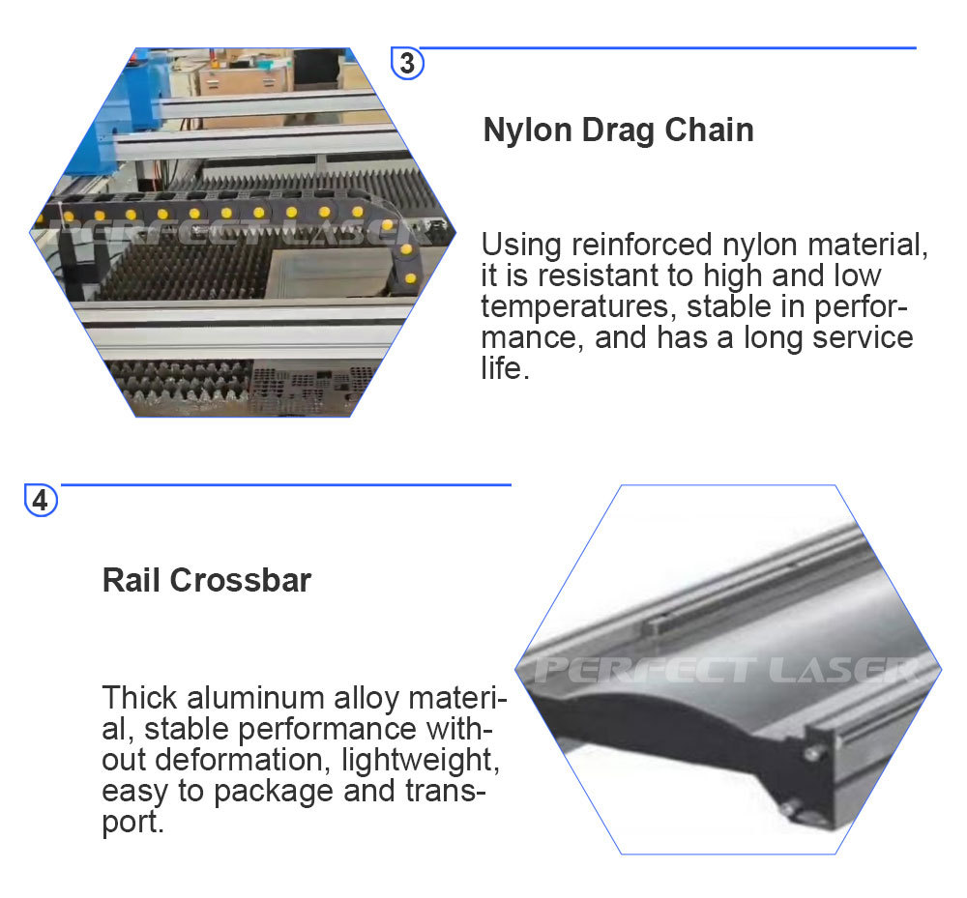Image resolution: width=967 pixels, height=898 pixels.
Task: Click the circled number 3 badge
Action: coord(407,64)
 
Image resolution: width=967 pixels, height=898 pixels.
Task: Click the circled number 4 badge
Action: coord(41,500)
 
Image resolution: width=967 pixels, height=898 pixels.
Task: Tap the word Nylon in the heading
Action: coord(527,130)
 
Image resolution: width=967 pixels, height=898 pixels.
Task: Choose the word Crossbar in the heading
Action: coord(241,580)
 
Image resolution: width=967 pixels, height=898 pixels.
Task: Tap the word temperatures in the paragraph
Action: coord(574,307)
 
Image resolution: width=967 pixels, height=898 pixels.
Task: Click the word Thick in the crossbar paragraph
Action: coord(139,698)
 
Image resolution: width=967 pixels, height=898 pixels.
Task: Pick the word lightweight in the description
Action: coord(420,761)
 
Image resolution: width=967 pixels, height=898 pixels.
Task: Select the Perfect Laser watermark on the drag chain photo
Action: coord(241,232)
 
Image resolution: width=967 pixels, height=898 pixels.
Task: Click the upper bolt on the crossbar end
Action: coord(814,753)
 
